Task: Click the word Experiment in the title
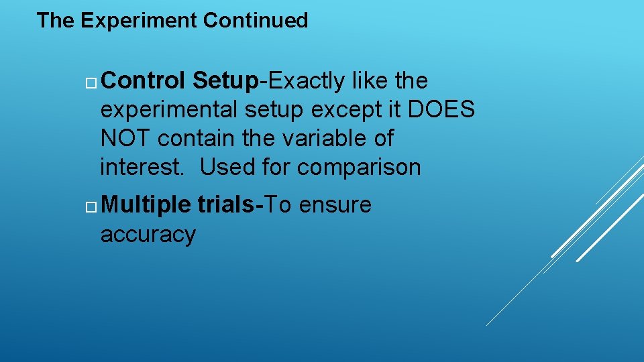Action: (139, 21)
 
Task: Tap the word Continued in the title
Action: (256, 21)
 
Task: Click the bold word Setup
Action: (225, 81)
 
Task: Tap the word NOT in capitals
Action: (126, 139)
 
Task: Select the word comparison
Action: (359, 168)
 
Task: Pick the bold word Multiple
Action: (147, 205)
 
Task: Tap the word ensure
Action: (335, 205)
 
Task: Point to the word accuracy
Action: (148, 234)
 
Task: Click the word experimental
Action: (171, 110)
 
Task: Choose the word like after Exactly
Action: (370, 81)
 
